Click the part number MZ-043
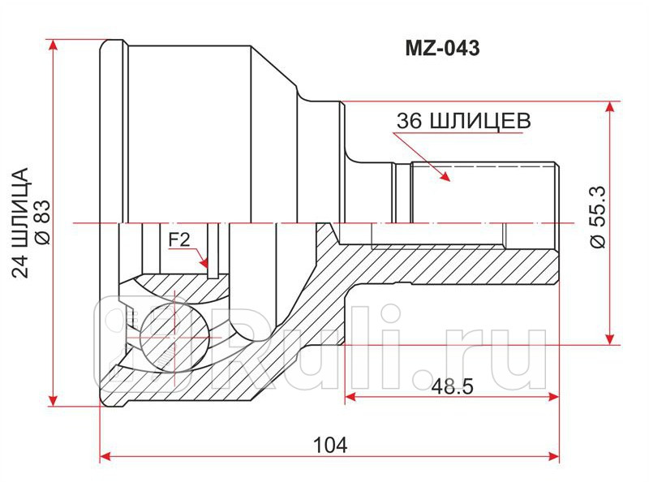(x=442, y=48)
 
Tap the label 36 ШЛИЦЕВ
(x=463, y=121)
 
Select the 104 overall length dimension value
(x=330, y=445)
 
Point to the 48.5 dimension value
(x=452, y=386)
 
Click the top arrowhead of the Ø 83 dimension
(x=54, y=44)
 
